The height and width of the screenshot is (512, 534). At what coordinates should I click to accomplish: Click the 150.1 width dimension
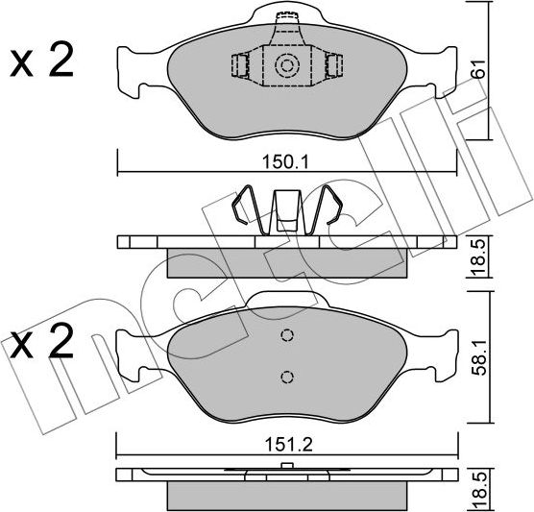[x=285, y=162]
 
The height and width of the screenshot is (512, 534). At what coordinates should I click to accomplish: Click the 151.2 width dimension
[x=288, y=445]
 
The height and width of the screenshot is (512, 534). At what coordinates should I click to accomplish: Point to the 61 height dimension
[x=479, y=69]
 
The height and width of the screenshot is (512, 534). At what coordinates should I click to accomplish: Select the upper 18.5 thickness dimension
[x=479, y=258]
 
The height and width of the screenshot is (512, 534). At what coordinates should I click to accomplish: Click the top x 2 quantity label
[x=42, y=61]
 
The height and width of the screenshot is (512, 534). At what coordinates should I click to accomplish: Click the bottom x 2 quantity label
[x=42, y=341]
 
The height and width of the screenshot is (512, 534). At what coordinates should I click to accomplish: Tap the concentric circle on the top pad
[x=287, y=65]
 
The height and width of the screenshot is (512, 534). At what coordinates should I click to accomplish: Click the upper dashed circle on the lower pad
[x=287, y=335]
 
